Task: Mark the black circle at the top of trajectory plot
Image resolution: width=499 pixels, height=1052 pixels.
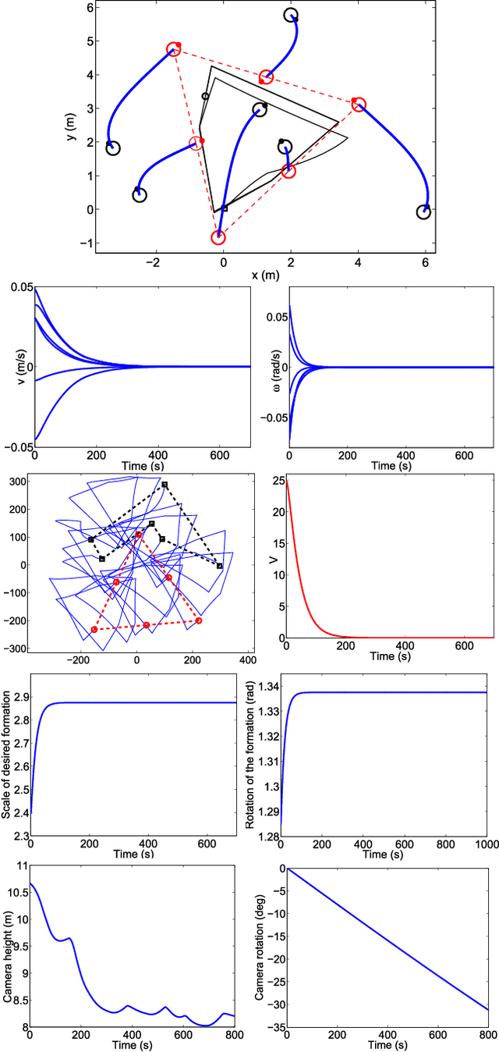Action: (292, 16)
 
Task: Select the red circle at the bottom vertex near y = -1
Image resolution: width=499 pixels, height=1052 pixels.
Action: (219, 237)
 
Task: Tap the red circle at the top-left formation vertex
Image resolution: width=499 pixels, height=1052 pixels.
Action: (174, 50)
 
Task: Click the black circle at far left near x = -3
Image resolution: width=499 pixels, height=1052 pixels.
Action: (113, 148)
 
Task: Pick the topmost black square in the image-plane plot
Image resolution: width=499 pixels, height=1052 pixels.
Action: (165, 485)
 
